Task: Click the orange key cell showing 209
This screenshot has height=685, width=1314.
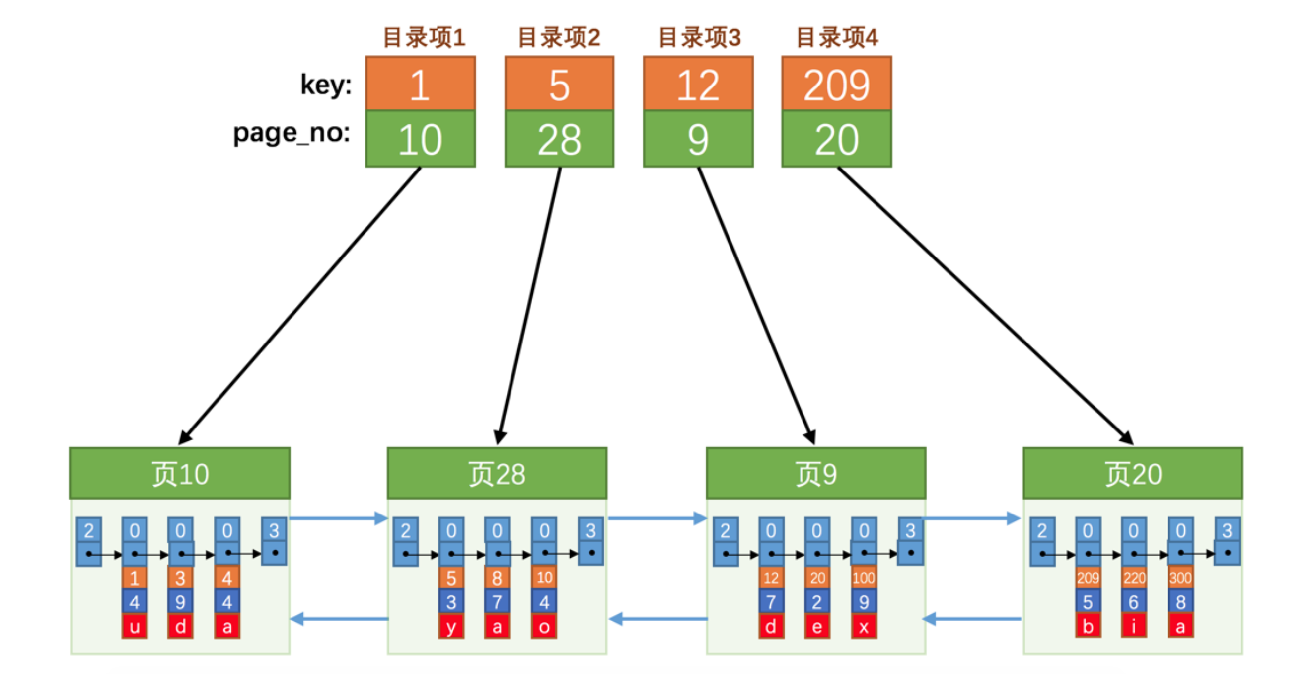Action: pos(837,84)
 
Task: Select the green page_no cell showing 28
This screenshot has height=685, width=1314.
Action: pos(559,139)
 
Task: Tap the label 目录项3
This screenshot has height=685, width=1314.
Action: pos(699,37)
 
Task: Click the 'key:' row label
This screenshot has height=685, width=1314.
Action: pos(326,84)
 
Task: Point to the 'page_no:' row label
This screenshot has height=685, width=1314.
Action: pos(292,134)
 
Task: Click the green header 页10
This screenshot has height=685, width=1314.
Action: pos(180,473)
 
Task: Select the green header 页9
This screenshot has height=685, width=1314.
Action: pos(815,473)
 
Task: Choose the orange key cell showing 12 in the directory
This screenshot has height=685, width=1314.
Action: pos(698,84)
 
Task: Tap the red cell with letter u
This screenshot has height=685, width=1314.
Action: pos(135,626)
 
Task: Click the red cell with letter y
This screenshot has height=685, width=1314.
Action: pos(451,626)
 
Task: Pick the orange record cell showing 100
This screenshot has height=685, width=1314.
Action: pos(864,578)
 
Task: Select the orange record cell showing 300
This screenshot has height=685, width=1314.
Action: pos(1180,578)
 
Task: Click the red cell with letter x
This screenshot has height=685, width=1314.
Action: pos(864,626)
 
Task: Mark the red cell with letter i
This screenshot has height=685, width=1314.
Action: pos(1134,626)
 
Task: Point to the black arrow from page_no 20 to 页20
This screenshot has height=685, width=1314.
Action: pos(984,306)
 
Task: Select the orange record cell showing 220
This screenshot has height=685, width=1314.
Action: pos(1134,578)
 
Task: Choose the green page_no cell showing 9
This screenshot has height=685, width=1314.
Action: pos(698,139)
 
